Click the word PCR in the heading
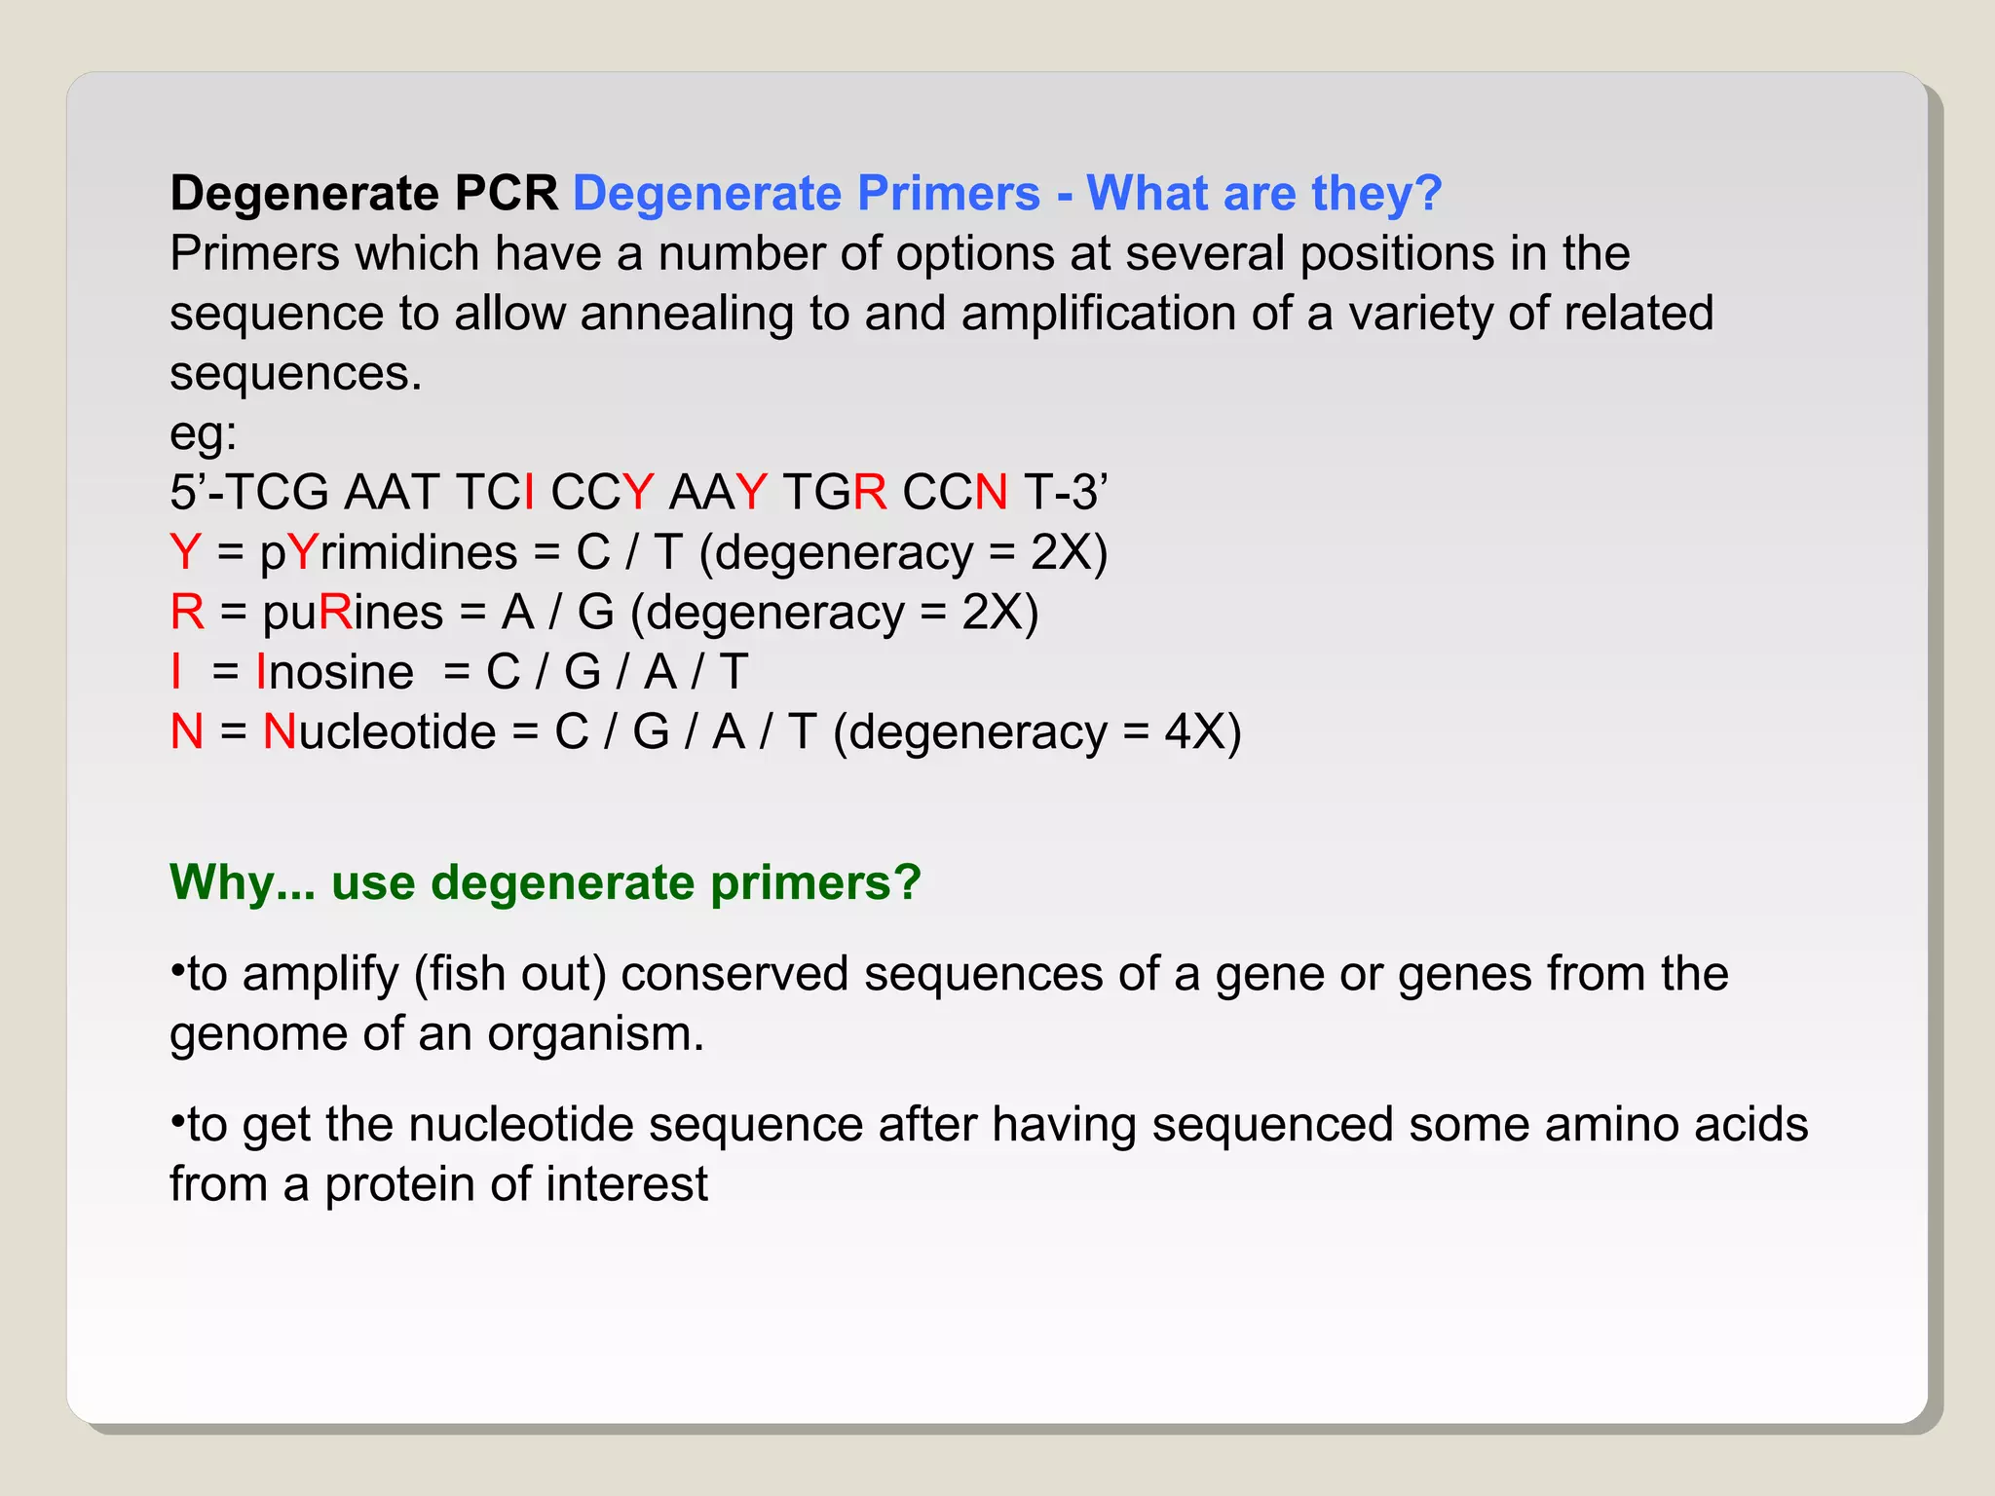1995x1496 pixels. point(506,193)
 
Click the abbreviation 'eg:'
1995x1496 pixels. point(203,432)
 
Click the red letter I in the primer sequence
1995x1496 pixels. point(529,492)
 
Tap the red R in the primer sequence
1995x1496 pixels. point(869,492)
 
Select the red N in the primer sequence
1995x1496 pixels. point(991,492)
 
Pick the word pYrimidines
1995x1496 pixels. point(388,552)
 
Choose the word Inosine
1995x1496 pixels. point(334,672)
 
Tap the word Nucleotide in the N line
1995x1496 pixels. point(379,731)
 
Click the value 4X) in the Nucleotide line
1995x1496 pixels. point(1202,731)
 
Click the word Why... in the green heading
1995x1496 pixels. point(243,882)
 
